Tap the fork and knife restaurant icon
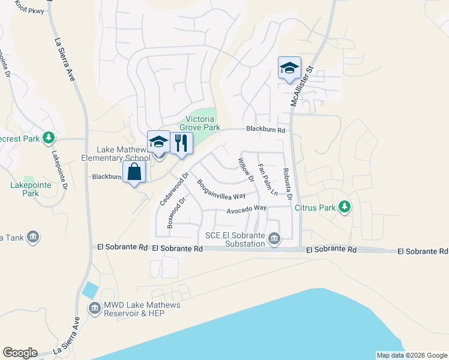tap(182, 143)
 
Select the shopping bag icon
tap(134, 172)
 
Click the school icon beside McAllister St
tap(289, 68)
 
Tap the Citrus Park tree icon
tap(344, 207)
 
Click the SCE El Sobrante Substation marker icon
tap(274, 239)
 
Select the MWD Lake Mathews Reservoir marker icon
tap(94, 309)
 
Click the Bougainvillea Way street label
tap(221, 189)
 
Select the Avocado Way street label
tap(246, 209)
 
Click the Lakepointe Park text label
tap(25, 189)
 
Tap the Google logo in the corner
tap(20, 353)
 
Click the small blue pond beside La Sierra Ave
tap(91, 290)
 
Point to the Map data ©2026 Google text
tap(411, 355)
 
